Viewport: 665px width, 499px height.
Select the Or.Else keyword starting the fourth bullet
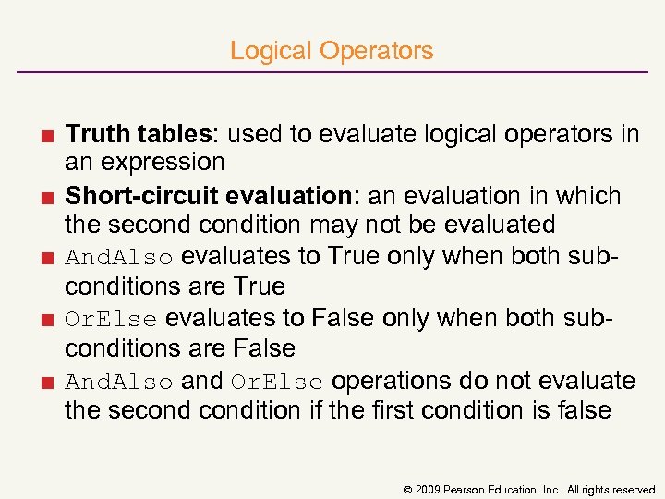(112, 320)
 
